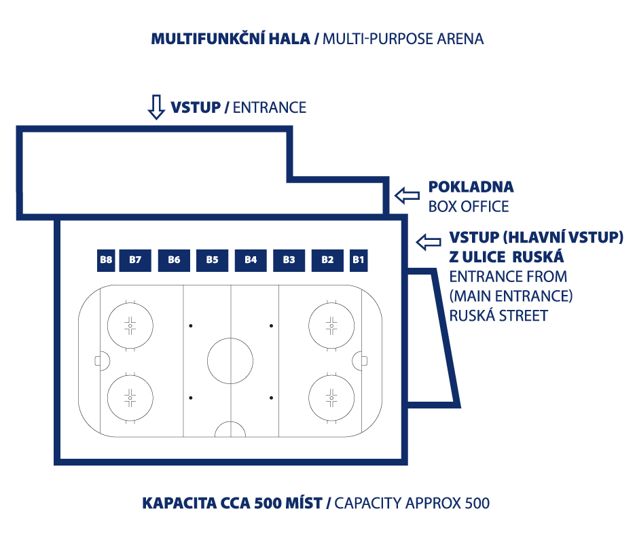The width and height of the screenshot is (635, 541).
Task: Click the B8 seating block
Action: pos(106,260)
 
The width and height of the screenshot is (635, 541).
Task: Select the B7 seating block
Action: pos(135,260)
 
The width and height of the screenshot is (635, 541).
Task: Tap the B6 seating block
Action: pos(174,260)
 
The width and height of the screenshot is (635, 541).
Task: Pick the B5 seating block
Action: pos(212,260)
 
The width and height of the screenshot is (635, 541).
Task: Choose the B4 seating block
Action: pos(251,260)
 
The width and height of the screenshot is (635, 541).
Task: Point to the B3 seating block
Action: pos(289,260)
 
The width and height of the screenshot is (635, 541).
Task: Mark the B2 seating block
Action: pos(327,260)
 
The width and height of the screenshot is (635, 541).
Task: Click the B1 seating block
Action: pos(359,260)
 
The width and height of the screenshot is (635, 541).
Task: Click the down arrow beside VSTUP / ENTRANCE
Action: pos(156,107)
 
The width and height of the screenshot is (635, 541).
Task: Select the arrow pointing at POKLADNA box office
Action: pos(407,195)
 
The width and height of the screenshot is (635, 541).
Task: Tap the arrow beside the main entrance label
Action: pos(429,243)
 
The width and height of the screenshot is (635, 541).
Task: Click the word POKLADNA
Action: pos(471,187)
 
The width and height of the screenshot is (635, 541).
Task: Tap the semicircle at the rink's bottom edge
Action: pos(230,422)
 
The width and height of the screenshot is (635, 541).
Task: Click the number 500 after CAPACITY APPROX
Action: pos(477,504)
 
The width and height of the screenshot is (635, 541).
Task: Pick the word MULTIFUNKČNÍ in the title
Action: pos(208,39)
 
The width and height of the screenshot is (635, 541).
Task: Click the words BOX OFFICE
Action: pos(469,207)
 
